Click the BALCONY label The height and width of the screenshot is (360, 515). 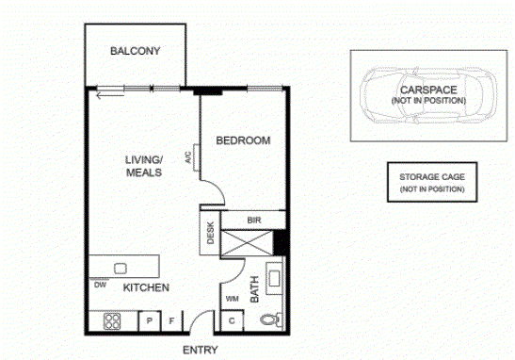[135, 51]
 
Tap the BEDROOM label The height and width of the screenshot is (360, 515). [243, 140]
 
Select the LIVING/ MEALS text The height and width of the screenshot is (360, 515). [144, 166]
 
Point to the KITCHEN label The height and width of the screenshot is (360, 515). [146, 287]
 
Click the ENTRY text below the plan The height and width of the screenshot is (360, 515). [201, 351]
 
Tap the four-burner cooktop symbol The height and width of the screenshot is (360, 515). [112, 321]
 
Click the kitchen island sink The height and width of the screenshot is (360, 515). [121, 269]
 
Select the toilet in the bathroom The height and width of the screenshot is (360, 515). [271, 319]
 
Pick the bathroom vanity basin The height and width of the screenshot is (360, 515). [274, 279]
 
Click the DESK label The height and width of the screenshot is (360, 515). [210, 233]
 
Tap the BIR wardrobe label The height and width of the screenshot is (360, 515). [254, 221]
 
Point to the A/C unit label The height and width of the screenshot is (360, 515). [188, 157]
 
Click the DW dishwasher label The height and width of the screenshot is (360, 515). [100, 285]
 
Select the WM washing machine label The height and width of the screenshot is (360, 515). [233, 299]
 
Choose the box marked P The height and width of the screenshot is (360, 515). [150, 320]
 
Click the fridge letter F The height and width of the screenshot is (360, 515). [171, 320]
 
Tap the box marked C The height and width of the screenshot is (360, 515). [232, 320]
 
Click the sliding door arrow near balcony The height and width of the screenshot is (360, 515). [110, 96]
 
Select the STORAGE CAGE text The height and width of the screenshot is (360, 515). [432, 177]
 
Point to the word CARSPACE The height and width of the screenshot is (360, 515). [428, 90]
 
